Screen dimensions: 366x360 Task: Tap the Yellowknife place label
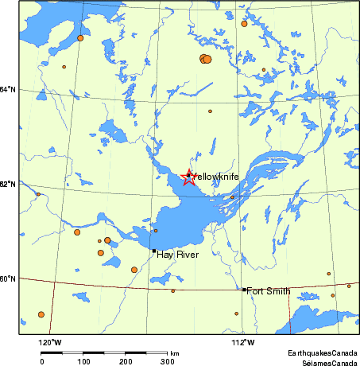coord(217,176)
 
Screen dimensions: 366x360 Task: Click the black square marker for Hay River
coord(153,251)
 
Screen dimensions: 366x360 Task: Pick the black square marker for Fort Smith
coord(244,290)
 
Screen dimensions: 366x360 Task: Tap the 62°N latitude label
coord(8,184)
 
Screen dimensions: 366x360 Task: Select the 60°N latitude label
coord(8,278)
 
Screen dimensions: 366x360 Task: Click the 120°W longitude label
coord(51,343)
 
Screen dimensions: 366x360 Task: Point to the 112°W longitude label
coord(242,343)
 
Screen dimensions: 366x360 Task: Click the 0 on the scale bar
coord(42,360)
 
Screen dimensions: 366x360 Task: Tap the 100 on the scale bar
coord(84,360)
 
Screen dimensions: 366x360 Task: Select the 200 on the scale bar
coord(126,360)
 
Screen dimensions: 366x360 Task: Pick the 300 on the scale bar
coord(168,360)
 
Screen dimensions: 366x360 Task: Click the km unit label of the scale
coord(175,352)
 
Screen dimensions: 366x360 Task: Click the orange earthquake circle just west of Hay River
coord(134,270)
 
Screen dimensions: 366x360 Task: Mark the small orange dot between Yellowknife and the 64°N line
coord(211,111)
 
